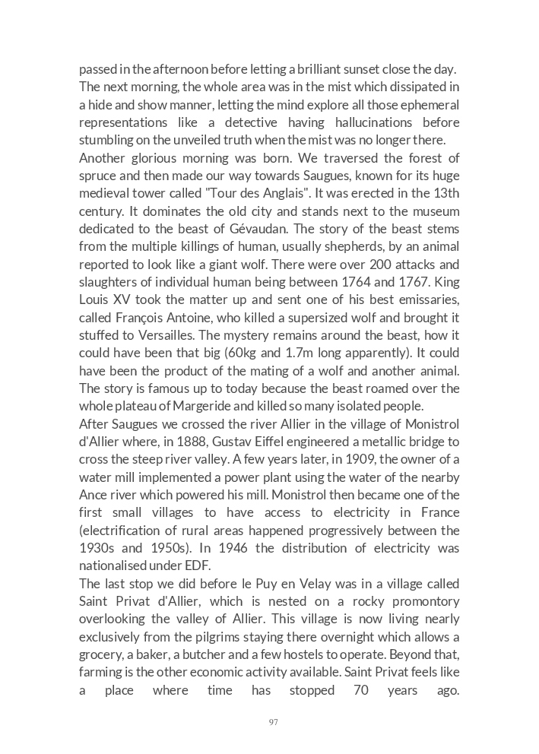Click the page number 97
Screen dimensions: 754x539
coord(273,722)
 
